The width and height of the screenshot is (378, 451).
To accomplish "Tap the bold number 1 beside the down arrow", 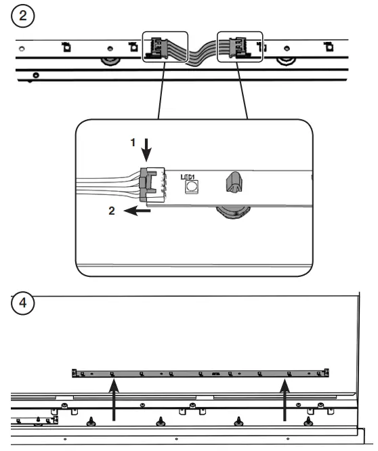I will point(133,143).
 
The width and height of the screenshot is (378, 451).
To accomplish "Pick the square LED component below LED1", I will point(192,186).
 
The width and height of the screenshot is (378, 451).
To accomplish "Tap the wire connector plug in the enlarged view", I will point(152,185).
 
